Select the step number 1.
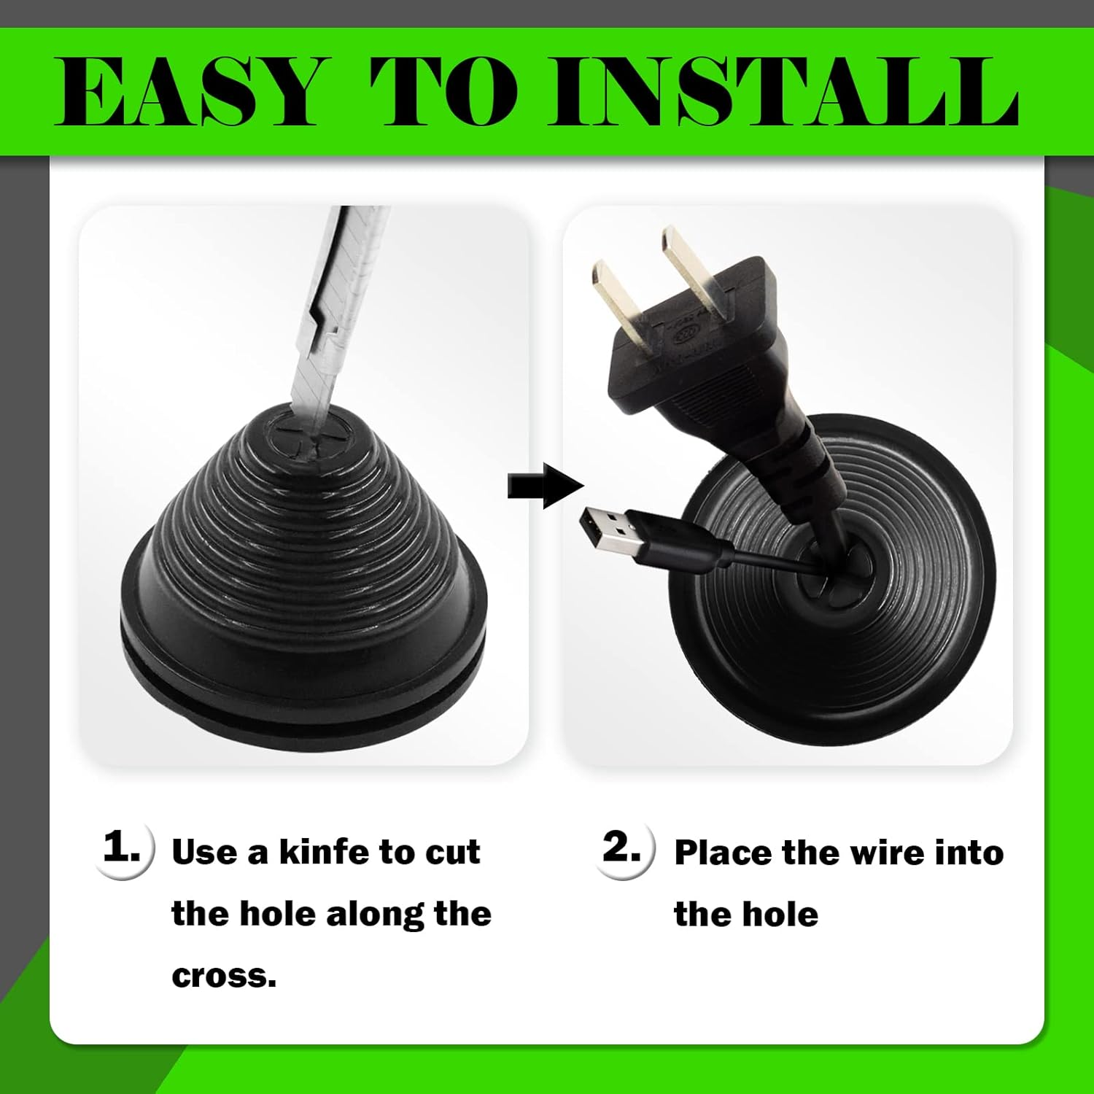(121, 847)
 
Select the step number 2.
(621, 847)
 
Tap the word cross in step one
(220, 976)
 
